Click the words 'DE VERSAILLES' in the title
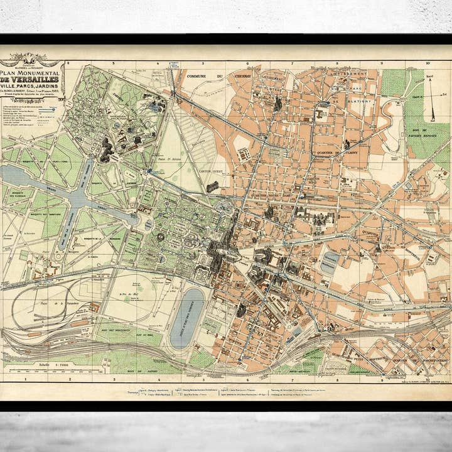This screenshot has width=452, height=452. point(31,79)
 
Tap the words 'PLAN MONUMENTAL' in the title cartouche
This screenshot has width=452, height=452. point(31,72)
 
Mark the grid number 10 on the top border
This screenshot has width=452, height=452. point(428,63)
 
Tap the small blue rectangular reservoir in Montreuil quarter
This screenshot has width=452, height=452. point(330,262)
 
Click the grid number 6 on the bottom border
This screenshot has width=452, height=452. point(249,379)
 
